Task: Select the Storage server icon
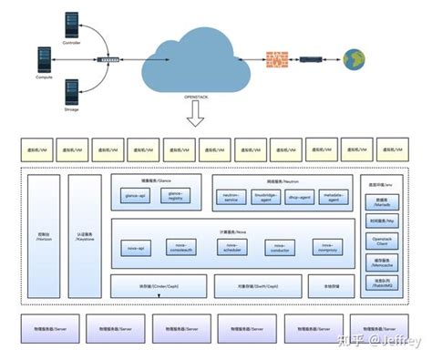(x=72, y=90)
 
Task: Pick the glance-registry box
(x=176, y=195)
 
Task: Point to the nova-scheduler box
(x=231, y=246)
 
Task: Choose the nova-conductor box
(x=280, y=246)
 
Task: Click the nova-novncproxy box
(x=327, y=246)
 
